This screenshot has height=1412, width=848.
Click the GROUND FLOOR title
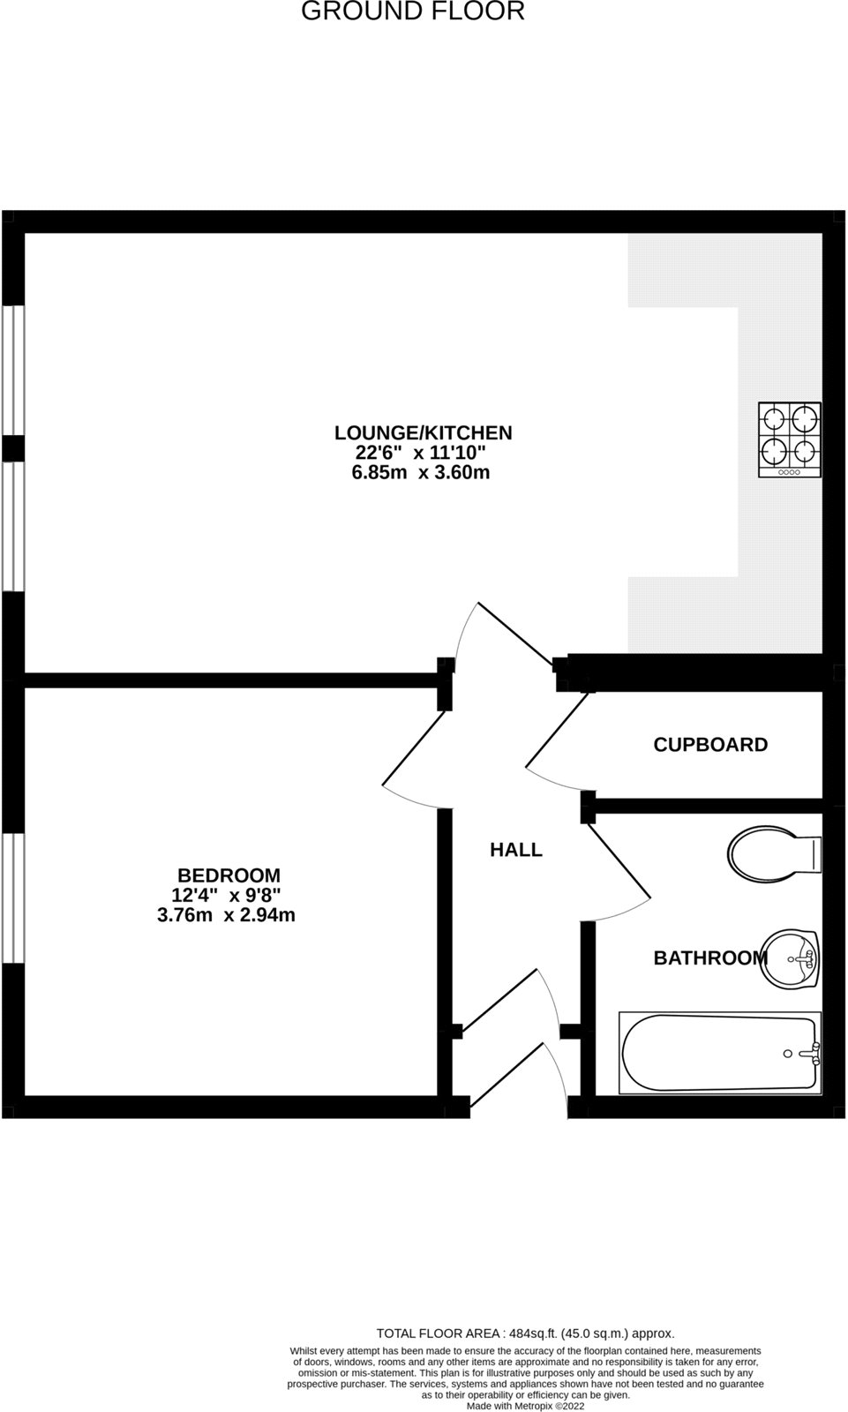[x=413, y=11]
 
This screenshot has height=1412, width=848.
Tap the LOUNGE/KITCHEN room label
[x=423, y=432]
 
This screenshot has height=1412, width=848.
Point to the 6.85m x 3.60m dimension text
[x=421, y=472]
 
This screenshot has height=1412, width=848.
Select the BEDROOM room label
[x=229, y=875]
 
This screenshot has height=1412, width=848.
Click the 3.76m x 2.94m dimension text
[x=226, y=915]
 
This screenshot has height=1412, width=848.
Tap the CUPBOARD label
[x=710, y=744]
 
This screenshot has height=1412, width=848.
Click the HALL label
[x=516, y=850]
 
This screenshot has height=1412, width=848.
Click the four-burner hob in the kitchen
[x=790, y=440]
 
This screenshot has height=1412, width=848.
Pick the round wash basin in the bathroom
[x=791, y=958]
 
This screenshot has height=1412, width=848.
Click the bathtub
[x=720, y=1053]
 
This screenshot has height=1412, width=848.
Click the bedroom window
[x=12, y=898]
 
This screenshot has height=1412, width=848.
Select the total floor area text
[x=525, y=1333]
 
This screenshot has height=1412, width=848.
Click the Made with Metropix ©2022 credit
[x=525, y=1406]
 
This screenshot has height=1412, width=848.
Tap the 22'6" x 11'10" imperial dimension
[x=421, y=453]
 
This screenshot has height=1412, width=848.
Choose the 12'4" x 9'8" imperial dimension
[x=226, y=896]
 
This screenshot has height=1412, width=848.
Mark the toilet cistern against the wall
[x=814, y=852]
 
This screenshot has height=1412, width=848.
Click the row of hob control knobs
[x=789, y=472]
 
